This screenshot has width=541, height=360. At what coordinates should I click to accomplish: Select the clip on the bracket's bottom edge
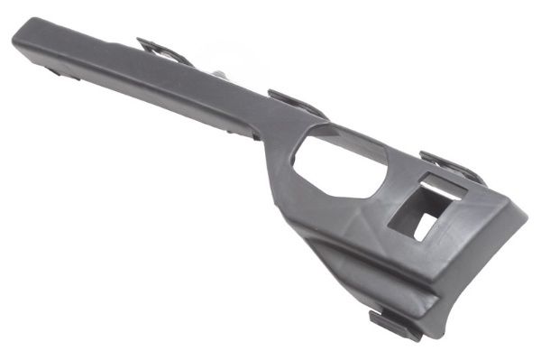393,323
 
